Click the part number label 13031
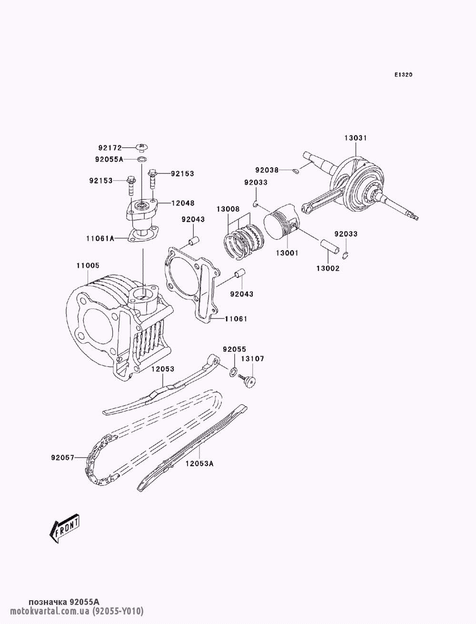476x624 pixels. point(356,138)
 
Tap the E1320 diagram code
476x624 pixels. point(403,75)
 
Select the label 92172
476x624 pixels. point(110,148)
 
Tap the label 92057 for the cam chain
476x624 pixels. point(62,458)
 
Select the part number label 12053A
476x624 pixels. point(199,463)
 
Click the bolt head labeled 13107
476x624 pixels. point(250,380)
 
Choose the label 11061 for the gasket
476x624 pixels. point(236,318)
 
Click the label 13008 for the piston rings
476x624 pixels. point(228,209)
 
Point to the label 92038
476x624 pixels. point(267,170)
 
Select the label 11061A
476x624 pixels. point(100,238)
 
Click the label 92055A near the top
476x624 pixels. point(109,159)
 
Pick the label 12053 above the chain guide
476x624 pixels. point(163,368)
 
